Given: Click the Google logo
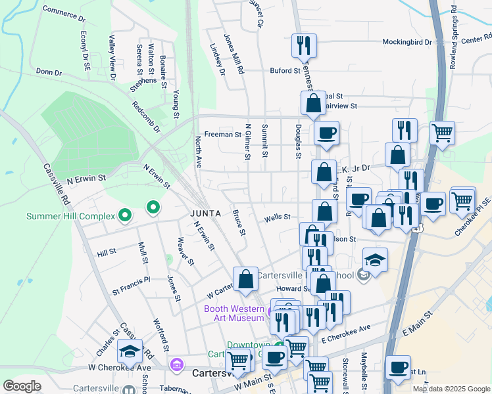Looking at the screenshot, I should [x=22, y=385].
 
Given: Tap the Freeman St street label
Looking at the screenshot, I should [x=223, y=134].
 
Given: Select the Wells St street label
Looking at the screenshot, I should [x=277, y=217].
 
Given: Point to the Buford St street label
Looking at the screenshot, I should [x=284, y=70].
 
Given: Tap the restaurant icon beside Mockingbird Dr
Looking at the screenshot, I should [x=304, y=45].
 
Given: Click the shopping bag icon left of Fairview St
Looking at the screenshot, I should [x=314, y=102].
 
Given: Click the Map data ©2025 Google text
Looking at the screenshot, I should [x=451, y=388].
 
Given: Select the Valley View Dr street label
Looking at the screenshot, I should [x=112, y=58].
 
